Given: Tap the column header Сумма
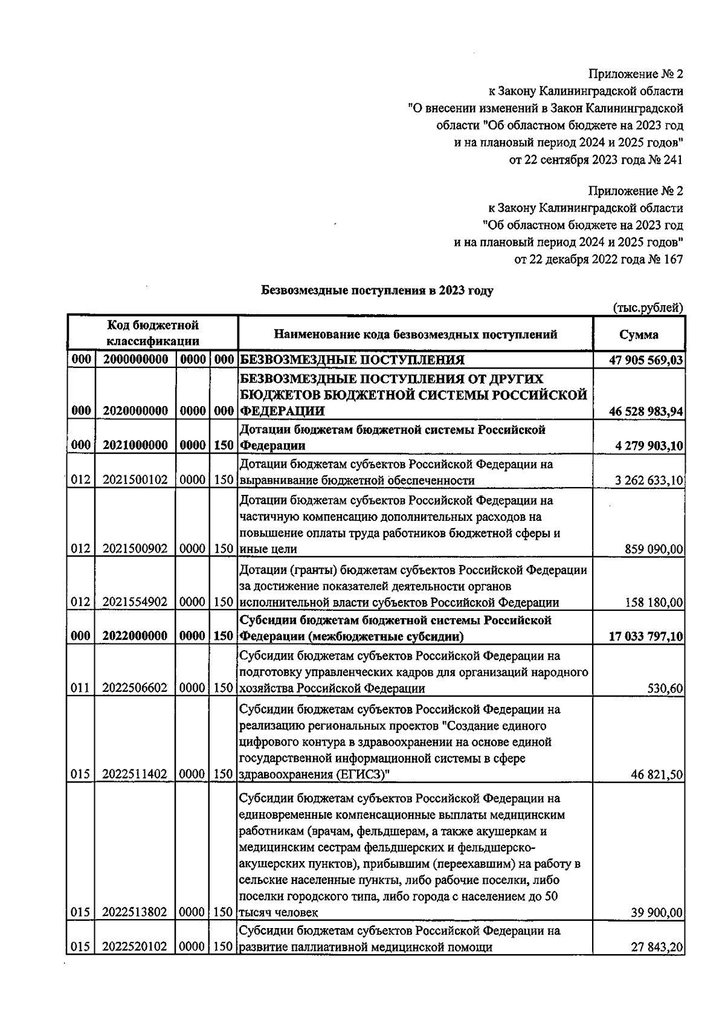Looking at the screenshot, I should point(639,334).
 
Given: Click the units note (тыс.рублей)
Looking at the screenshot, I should point(648,308).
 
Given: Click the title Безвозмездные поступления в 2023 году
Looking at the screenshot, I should point(377,291).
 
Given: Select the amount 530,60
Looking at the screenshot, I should point(666,688).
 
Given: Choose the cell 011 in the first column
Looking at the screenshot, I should point(80,688).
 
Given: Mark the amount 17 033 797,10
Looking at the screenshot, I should point(646,636).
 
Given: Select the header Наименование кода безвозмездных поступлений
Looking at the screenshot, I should point(416,334).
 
